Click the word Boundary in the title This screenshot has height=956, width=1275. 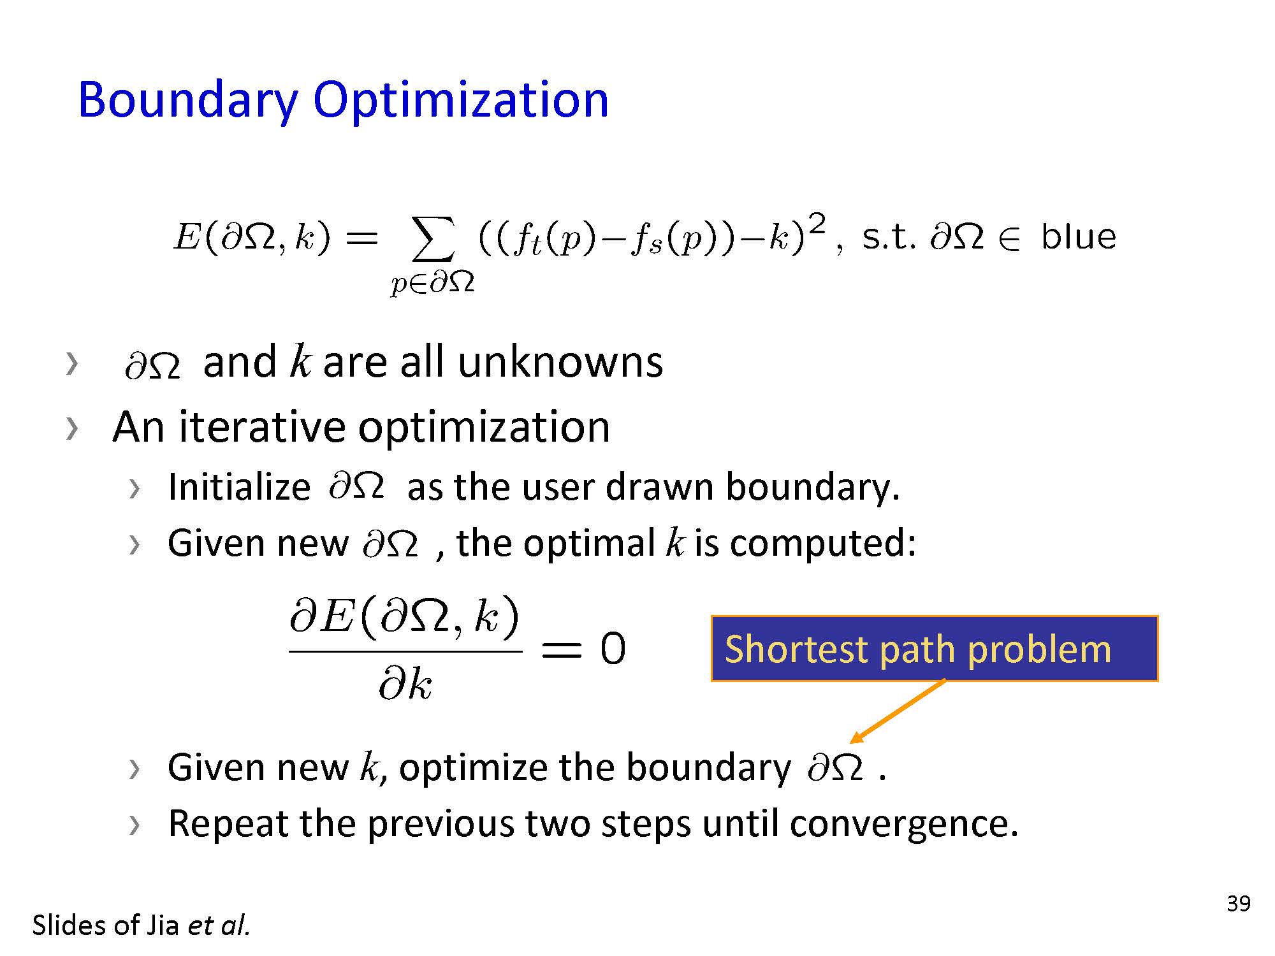(x=188, y=101)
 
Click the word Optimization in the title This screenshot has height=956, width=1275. (x=461, y=101)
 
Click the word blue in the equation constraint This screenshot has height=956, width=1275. (x=1079, y=236)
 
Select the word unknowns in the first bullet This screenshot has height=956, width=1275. (x=560, y=363)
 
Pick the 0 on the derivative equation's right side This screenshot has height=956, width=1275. (x=613, y=649)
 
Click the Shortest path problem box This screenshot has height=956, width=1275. (x=934, y=649)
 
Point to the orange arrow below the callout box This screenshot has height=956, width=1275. (x=898, y=711)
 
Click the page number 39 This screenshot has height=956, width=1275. (x=1239, y=904)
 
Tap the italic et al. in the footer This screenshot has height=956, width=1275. (x=218, y=925)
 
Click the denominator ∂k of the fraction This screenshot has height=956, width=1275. (x=405, y=684)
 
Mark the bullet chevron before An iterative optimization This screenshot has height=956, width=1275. (x=71, y=428)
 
